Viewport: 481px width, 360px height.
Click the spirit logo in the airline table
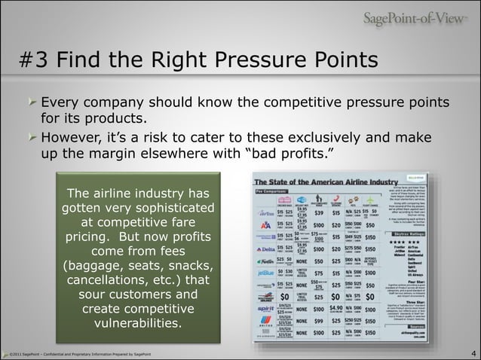[265, 309]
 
